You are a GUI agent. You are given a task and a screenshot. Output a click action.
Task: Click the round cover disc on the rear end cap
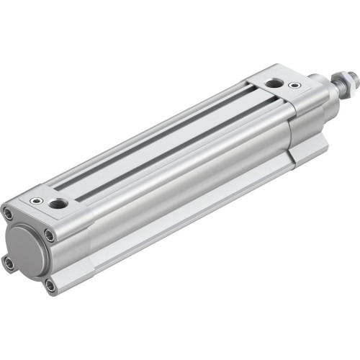coord(27,246)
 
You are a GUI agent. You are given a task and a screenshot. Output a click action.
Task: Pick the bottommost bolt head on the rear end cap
coord(50,286)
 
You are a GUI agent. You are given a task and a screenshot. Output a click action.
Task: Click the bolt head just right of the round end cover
coord(49,234)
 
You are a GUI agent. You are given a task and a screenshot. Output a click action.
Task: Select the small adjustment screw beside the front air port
coord(294,86)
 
